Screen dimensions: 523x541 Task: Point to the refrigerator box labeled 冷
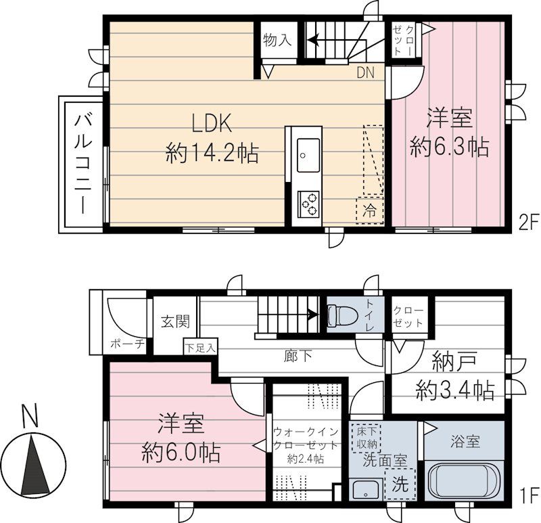click(x=369, y=209)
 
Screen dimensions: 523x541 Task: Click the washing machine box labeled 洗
click(x=400, y=485)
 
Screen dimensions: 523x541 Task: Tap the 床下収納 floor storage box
click(x=364, y=437)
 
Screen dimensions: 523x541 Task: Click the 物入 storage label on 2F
click(x=277, y=40)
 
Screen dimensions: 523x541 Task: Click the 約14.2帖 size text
click(x=212, y=154)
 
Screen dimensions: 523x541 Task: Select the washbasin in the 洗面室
click(x=365, y=489)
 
